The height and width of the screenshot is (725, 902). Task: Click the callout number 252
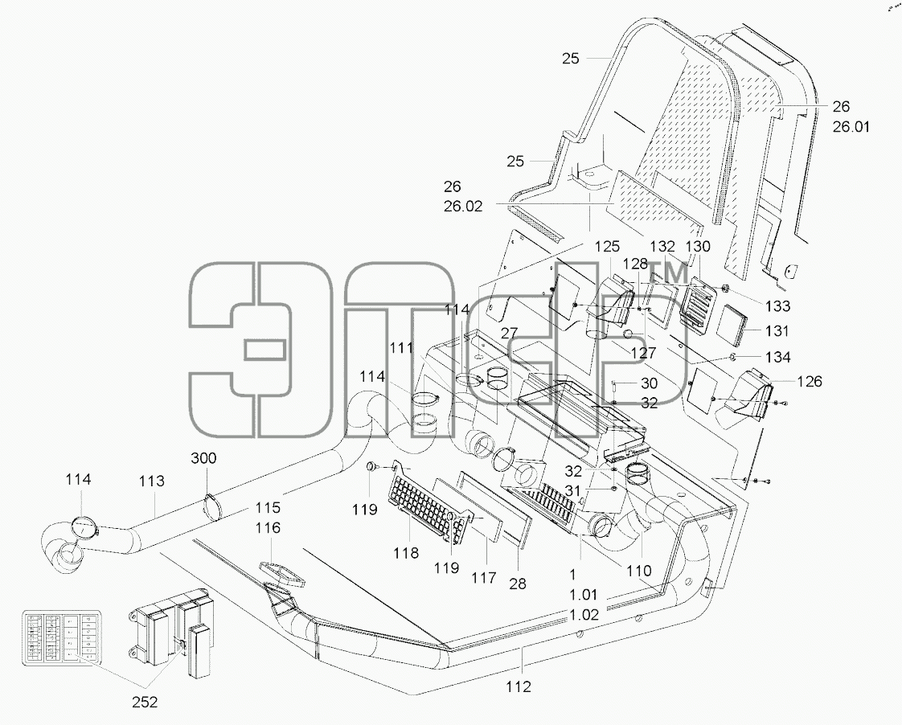point(145,702)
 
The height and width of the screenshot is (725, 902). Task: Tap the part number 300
point(203,457)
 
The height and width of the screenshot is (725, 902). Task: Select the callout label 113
point(152,481)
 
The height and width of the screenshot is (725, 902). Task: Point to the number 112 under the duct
point(519,686)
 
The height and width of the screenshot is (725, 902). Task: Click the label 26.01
point(851,126)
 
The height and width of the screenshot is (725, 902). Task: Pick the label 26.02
point(462,207)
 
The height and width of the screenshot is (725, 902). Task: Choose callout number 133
point(777,306)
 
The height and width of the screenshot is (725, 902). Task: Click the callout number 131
point(777,331)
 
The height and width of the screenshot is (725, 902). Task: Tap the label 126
point(810,381)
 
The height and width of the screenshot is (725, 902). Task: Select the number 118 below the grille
point(406,553)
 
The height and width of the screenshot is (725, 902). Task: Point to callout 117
point(484,578)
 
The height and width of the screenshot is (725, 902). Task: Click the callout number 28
point(518,584)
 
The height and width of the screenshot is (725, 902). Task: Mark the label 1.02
point(584,615)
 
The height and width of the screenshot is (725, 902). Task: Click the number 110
point(638,571)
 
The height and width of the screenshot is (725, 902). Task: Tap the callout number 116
point(268,528)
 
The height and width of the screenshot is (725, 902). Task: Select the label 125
point(607,247)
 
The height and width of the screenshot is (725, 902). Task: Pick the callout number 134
point(777,357)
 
